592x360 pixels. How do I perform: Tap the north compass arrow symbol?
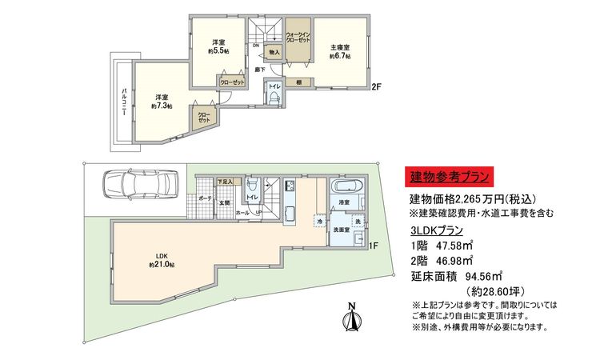[351, 318]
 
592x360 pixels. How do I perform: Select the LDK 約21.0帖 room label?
[160, 260]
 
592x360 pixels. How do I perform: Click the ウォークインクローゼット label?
[298, 36]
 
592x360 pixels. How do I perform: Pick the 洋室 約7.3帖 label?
[160, 101]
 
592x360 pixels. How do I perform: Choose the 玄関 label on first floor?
[226, 202]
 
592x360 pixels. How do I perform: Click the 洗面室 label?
[343, 230]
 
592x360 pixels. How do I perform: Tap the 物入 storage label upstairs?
[274, 53]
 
